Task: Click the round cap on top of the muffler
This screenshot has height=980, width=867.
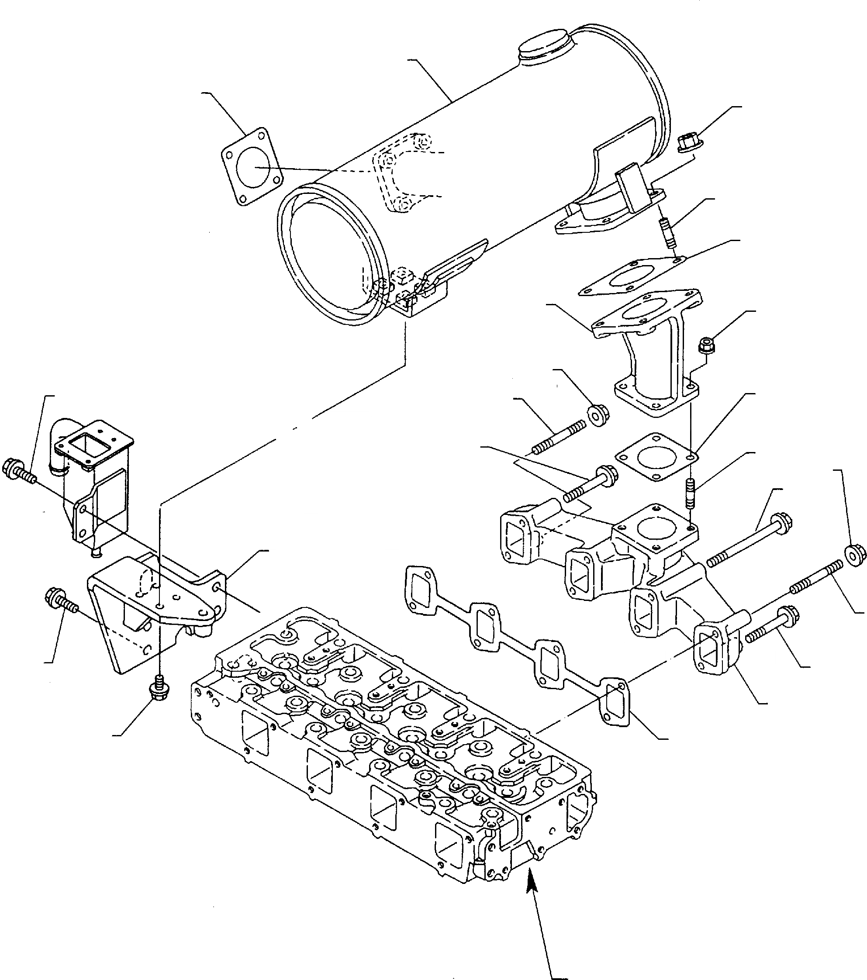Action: click(x=545, y=46)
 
